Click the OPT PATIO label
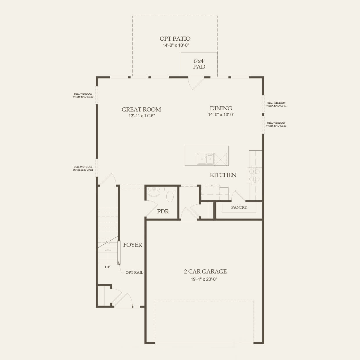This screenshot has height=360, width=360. coord(175,39)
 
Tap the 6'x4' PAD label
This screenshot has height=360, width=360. coord(199,64)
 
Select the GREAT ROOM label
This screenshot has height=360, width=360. coord(141,109)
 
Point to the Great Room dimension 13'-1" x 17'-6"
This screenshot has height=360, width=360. coord(141,116)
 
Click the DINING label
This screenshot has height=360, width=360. coord(221,108)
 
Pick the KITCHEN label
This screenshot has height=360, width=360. coord(223,175)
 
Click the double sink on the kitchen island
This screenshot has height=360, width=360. coord(205,159)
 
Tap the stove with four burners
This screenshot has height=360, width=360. coord(255,175)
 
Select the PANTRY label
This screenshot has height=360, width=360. coord(239,207)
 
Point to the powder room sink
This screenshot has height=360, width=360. coord(154,192)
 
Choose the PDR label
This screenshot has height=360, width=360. coord(163,211)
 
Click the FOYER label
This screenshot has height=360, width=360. coord(132,245)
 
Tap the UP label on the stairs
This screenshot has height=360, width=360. coord(107,267)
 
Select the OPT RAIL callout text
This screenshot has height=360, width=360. coord(134,273)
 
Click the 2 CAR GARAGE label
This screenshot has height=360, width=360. coord(205,271)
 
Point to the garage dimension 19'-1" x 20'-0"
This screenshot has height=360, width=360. coord(204,279)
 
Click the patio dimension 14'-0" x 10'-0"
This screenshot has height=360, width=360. coord(176,45)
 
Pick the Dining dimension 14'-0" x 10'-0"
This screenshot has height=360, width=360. coord(221,115)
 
